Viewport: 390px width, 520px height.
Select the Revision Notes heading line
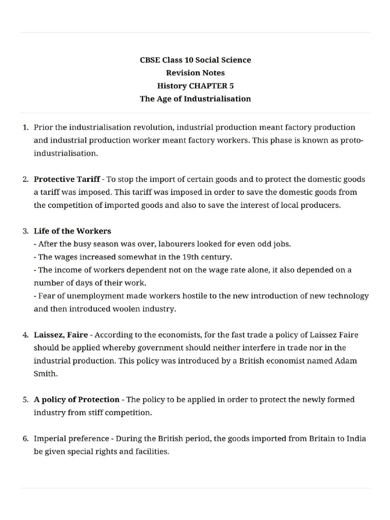coord(195,73)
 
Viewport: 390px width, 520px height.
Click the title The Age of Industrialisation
coord(195,99)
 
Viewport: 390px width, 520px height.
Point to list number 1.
coord(25,127)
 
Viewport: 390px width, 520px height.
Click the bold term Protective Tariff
coord(67,179)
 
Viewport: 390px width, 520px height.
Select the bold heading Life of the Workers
coord(72,231)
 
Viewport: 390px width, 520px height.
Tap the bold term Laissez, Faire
coord(60,335)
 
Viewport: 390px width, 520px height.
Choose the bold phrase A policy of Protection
coord(77,400)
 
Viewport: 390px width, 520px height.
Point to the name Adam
coord(345,361)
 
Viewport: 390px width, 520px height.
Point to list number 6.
coord(25,438)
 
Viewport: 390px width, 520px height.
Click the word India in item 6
coord(356,438)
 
